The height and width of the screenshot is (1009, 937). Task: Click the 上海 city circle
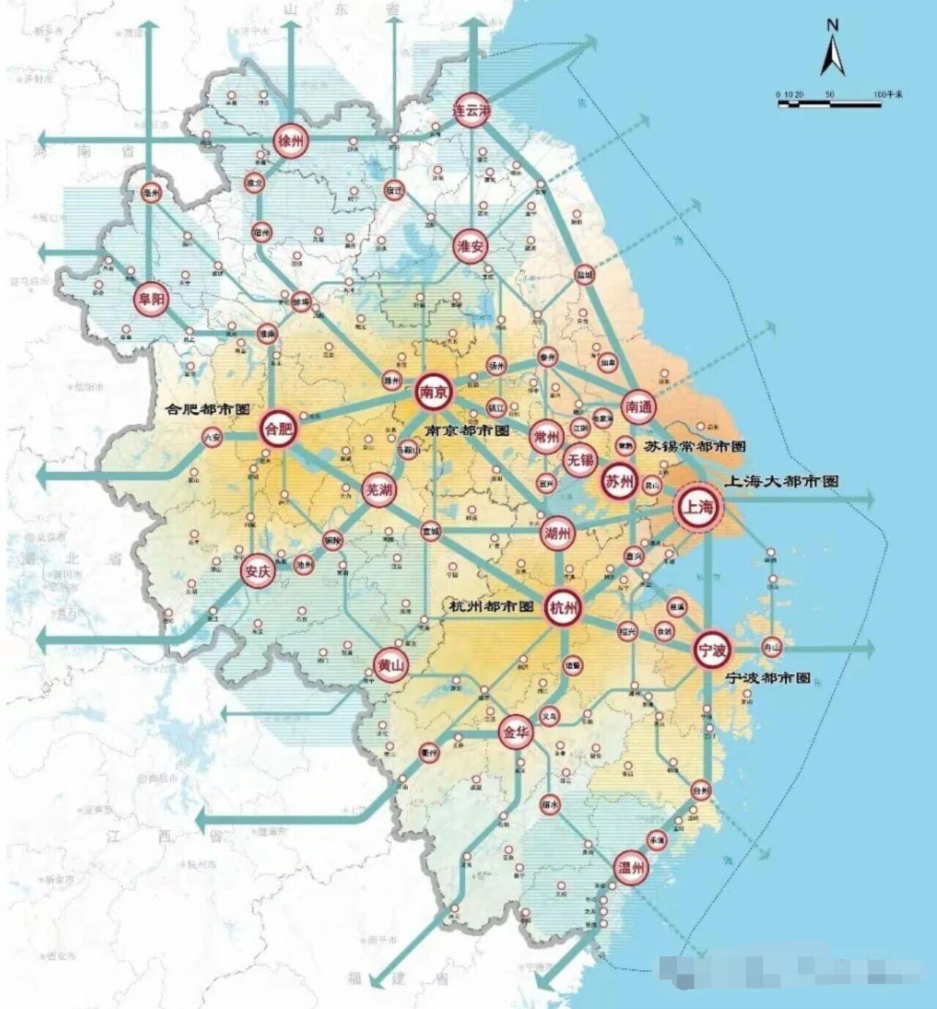[x=698, y=507]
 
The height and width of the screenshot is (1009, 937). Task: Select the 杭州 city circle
[x=563, y=608]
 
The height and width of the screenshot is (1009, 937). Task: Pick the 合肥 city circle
[x=278, y=429]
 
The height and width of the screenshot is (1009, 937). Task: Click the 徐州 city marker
[x=291, y=140]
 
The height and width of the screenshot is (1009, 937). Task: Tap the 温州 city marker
[x=630, y=868]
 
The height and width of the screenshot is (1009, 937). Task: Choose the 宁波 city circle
[x=712, y=650]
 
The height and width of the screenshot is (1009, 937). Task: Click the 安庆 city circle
[x=258, y=571]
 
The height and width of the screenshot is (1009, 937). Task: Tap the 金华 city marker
[x=516, y=731]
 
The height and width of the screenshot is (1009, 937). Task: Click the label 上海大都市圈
[x=781, y=481]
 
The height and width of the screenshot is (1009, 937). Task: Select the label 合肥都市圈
[x=208, y=409]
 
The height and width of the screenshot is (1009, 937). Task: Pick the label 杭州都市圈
[x=491, y=607]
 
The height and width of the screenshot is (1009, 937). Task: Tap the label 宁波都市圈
[x=768, y=678]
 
